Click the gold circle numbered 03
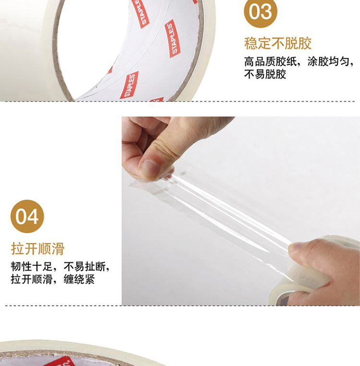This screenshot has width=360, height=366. pyautogui.click(x=261, y=11)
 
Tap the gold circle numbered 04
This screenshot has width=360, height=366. pyautogui.click(x=27, y=216)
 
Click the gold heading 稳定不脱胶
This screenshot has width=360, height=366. pyautogui.click(x=278, y=43)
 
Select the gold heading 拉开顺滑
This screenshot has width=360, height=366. pyautogui.click(x=37, y=248)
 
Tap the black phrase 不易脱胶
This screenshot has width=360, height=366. pyautogui.click(x=265, y=74)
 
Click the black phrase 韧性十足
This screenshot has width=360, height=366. pyautogui.click(x=32, y=267)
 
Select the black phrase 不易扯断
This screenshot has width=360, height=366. pyautogui.click(x=84, y=267)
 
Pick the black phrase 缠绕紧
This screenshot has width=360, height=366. pyautogui.click(x=79, y=279)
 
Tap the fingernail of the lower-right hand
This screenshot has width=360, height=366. pyautogui.click(x=295, y=247)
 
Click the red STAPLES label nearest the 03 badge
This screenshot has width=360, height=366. pyautogui.click(x=173, y=38)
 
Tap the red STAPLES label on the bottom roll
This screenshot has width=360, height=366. pyautogui.click(x=58, y=361)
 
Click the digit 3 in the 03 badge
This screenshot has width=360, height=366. pyautogui.click(x=266, y=12)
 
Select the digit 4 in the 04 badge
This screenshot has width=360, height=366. pyautogui.click(x=33, y=217)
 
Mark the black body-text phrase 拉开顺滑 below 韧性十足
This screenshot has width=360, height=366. pyautogui.click(x=32, y=279)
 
